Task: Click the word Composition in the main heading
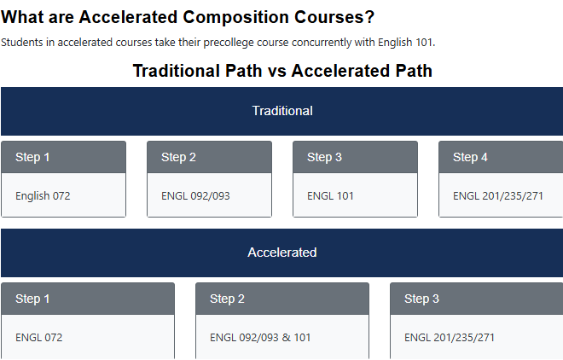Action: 235,18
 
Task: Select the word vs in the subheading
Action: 277,71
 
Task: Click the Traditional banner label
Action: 282,111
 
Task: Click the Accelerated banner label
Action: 282,253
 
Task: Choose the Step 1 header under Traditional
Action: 32,157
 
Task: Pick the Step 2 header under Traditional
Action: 178,157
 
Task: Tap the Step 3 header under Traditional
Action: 324,157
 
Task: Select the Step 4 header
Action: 470,157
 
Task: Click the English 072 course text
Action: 43,196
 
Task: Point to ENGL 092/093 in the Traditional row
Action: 195,196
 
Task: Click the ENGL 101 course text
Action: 330,196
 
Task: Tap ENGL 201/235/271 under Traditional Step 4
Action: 497,196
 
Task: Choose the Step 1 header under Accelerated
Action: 32,299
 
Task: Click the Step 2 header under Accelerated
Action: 227,299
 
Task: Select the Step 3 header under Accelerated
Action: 421,299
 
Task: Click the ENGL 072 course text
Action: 38,338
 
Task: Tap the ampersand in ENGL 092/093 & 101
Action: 286,338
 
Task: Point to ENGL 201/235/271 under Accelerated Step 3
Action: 450,338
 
